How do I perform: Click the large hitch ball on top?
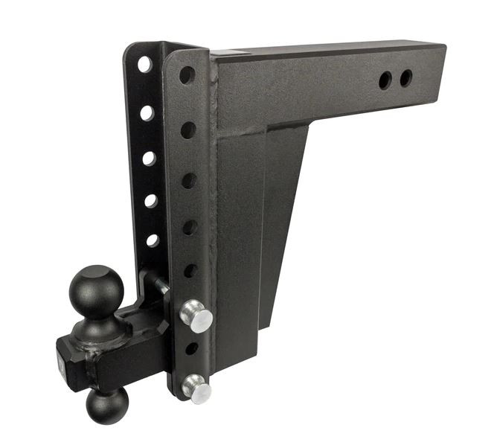pos(97,287)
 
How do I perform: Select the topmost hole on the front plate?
pos(187,75)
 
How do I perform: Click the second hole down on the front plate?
pos(188,129)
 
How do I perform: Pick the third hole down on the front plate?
pos(189,181)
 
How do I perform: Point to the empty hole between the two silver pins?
pos(191,348)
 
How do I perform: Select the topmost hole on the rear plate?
pos(144,64)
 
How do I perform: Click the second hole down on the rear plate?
pos(147,113)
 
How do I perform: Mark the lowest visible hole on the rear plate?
pos(152,240)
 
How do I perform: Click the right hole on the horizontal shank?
pos(405,77)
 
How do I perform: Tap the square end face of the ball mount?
pos(68,361)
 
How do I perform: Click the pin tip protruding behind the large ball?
pos(157,282)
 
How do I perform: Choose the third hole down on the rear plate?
pos(149,158)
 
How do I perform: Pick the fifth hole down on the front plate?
pos(190,270)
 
